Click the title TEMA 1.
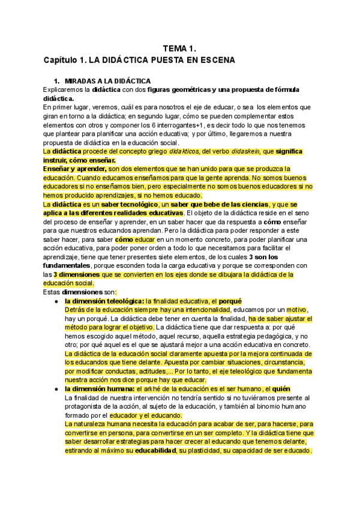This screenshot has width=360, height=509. [x=180, y=48]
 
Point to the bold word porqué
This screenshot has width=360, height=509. [x=230, y=301]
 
